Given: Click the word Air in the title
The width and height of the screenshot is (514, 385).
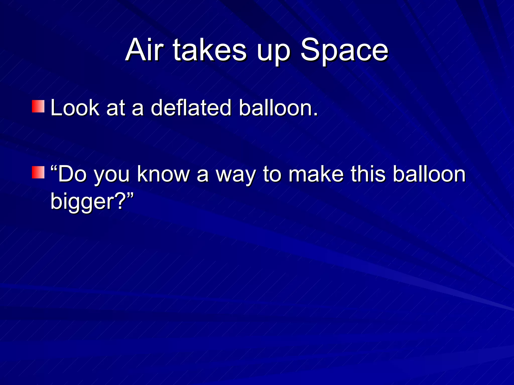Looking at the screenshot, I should (144, 50).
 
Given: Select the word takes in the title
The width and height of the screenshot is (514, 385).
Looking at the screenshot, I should (210, 50).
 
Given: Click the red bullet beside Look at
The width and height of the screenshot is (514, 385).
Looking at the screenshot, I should (38, 106).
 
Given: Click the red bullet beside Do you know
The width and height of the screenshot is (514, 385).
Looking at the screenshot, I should (38, 172).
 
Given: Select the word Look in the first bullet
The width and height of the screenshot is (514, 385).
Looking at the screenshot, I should (75, 108).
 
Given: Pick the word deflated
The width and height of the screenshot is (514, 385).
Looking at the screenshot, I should (191, 108).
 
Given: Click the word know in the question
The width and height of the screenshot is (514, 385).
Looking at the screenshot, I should (163, 174).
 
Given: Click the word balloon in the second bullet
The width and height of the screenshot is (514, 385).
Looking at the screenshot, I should (429, 174).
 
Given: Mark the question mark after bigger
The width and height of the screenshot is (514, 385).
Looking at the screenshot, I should (120, 201).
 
